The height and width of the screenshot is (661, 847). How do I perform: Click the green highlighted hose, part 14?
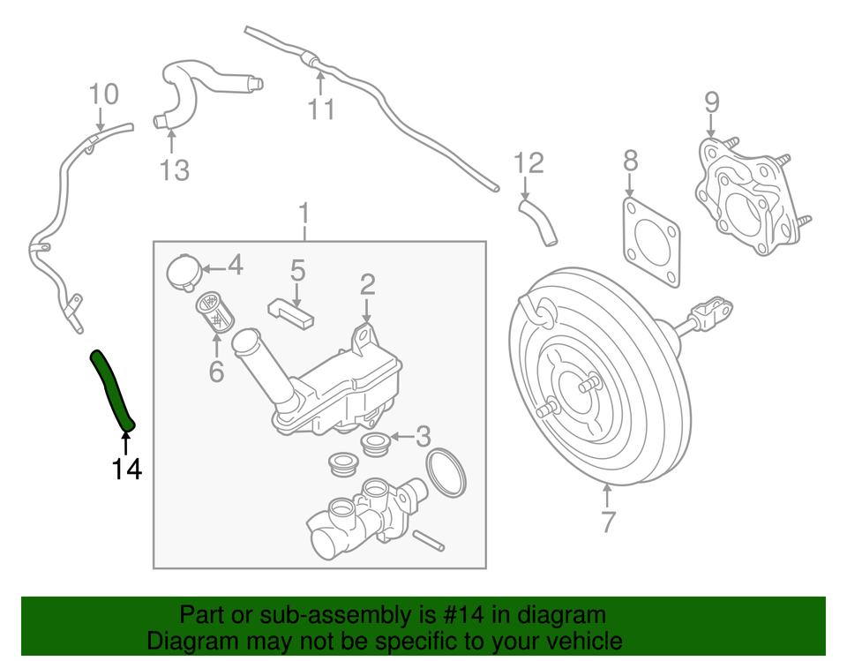(112, 389)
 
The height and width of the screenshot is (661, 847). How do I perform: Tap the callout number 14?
(126, 469)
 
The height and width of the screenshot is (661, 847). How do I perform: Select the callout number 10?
(102, 93)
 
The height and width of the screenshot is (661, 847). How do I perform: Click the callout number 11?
(322, 109)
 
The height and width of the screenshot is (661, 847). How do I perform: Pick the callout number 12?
(528, 162)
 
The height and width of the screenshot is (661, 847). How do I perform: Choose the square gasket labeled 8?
(651, 243)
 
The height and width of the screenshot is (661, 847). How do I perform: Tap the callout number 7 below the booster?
(607, 522)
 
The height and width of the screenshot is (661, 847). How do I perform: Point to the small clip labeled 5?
(291, 311)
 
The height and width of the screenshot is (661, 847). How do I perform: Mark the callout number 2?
(367, 283)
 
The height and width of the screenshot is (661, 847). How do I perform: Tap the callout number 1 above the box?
(304, 214)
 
